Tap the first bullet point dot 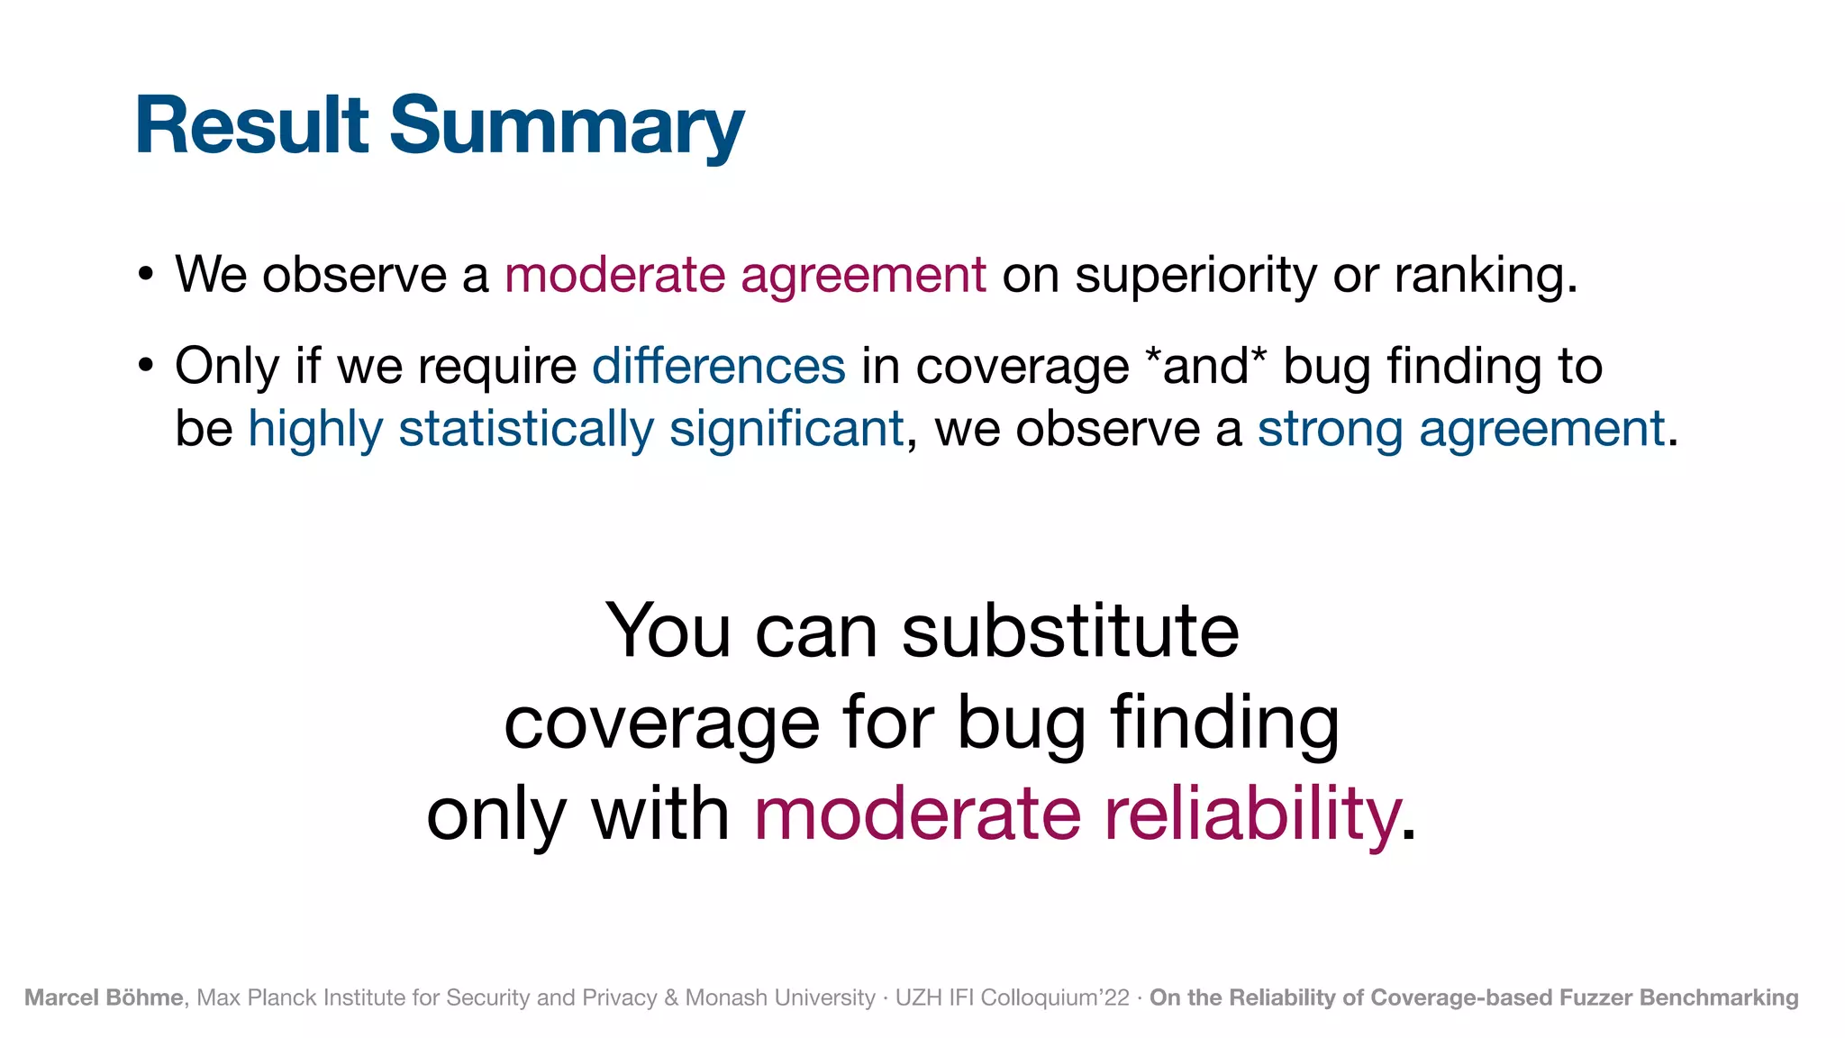pos(146,274)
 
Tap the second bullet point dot pos(146,366)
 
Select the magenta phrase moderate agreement pos(745,274)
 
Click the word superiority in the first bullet pos(1195,274)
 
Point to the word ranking pos(1485,274)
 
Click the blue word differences pos(718,366)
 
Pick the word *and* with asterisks pos(1205,366)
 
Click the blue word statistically pos(526,428)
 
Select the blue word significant pos(786,428)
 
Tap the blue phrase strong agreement pos(1460,428)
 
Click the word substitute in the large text pos(1070,631)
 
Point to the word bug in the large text pos(1021,723)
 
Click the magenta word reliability pos(1252,814)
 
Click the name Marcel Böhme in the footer pos(104,997)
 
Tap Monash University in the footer pos(780,997)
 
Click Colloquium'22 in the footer pos(1054,997)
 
